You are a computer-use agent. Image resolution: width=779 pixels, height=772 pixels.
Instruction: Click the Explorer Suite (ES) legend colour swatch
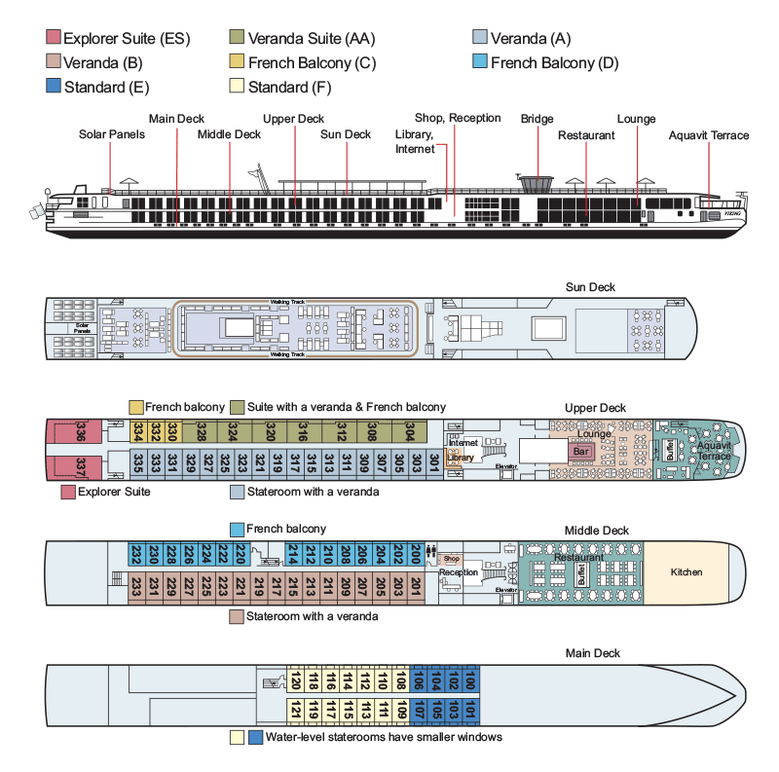pos(54,39)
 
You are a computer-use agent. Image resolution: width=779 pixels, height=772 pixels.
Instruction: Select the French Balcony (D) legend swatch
pos(480,63)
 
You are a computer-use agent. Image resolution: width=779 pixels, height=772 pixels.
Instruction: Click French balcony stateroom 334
pos(138,431)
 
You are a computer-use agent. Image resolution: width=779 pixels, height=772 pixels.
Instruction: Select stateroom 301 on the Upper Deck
pos(432,462)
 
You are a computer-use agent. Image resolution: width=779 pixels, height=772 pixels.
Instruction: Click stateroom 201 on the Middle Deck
pos(416,587)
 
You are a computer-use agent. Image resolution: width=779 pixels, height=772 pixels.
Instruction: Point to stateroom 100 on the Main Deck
pos(470,679)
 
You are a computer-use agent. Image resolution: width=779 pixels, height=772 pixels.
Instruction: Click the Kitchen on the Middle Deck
pos(686,571)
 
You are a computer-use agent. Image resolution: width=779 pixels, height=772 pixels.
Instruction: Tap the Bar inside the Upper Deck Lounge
pos(581,452)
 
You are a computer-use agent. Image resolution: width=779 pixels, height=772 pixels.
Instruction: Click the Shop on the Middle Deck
pos(451,559)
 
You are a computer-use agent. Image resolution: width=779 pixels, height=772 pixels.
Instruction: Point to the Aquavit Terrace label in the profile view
pos(709,135)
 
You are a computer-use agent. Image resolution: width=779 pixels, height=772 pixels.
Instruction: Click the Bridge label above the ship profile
pos(537,118)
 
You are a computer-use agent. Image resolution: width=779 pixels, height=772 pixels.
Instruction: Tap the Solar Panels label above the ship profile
pos(111,134)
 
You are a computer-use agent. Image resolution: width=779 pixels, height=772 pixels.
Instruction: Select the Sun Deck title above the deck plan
pos(590,287)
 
